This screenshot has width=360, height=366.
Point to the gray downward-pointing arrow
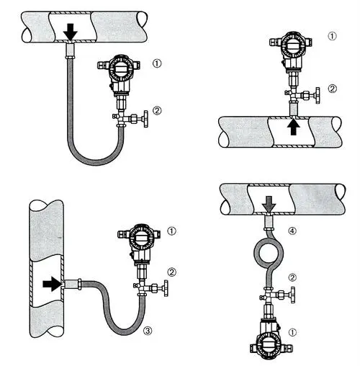(269, 206)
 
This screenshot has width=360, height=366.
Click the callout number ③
(147, 331)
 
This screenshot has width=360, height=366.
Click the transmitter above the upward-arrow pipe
(291, 50)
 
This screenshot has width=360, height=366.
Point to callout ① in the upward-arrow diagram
(331, 36)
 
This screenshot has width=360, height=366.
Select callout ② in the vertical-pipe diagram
(171, 272)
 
